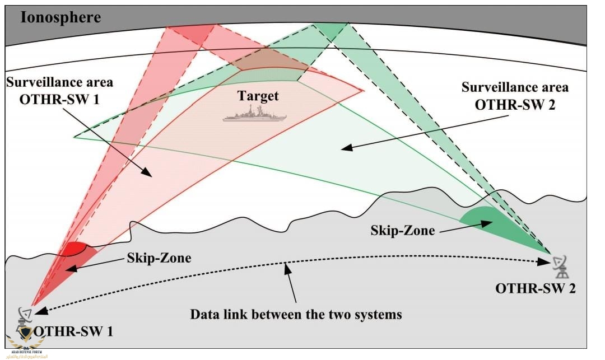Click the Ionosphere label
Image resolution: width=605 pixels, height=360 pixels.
point(61,17)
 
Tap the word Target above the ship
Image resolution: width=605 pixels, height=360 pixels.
point(258,96)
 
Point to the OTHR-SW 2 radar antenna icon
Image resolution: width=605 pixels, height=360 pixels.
point(560,268)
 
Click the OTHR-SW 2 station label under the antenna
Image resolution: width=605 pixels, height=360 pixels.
point(535,289)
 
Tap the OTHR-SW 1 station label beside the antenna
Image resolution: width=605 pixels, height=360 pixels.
point(73,331)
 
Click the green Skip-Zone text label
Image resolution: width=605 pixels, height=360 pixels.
point(402,230)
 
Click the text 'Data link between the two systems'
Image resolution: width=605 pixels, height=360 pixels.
point(296,314)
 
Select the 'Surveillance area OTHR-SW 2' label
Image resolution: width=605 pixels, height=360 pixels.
point(514,96)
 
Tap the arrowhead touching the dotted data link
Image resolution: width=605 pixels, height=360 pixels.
point(288,267)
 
